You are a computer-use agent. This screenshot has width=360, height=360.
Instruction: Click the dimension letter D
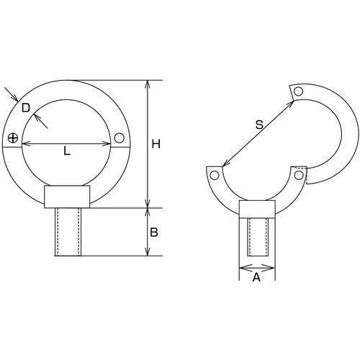[x=25, y=108]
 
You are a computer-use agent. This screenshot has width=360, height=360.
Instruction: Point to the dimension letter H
[x=156, y=145]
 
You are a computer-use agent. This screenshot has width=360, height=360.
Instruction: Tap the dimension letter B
[x=155, y=233]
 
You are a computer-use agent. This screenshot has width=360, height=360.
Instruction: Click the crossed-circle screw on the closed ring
[x=12, y=138]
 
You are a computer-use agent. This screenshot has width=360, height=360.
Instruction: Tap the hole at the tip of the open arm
[x=297, y=91]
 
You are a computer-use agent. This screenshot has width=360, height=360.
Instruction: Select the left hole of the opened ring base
[x=214, y=175]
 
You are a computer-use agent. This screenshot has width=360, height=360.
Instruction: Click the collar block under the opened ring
[x=257, y=209]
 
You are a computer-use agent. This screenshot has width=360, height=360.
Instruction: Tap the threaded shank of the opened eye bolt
[x=257, y=237]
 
